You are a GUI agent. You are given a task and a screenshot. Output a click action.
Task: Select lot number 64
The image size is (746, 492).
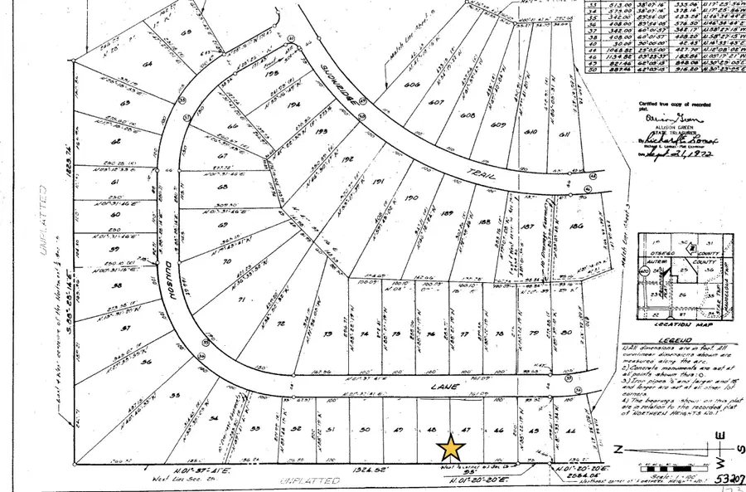coord(149,64)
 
